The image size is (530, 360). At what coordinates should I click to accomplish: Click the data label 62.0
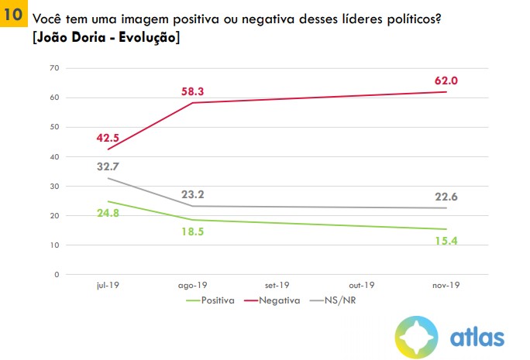(x=448, y=81)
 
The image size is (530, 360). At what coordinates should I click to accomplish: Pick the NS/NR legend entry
(x=339, y=300)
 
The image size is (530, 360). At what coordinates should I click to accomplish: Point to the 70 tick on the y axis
(x=53, y=68)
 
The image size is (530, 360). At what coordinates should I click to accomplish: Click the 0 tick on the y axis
(x=56, y=274)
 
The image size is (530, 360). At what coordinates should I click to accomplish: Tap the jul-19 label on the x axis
(x=108, y=285)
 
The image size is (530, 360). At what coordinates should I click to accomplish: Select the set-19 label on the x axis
(x=278, y=285)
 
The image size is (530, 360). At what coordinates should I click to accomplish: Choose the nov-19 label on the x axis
(x=447, y=285)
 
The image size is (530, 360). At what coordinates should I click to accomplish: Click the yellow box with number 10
(x=13, y=15)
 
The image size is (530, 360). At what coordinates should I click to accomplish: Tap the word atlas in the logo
(x=477, y=338)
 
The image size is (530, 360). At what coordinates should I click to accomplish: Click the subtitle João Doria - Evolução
(x=106, y=36)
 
